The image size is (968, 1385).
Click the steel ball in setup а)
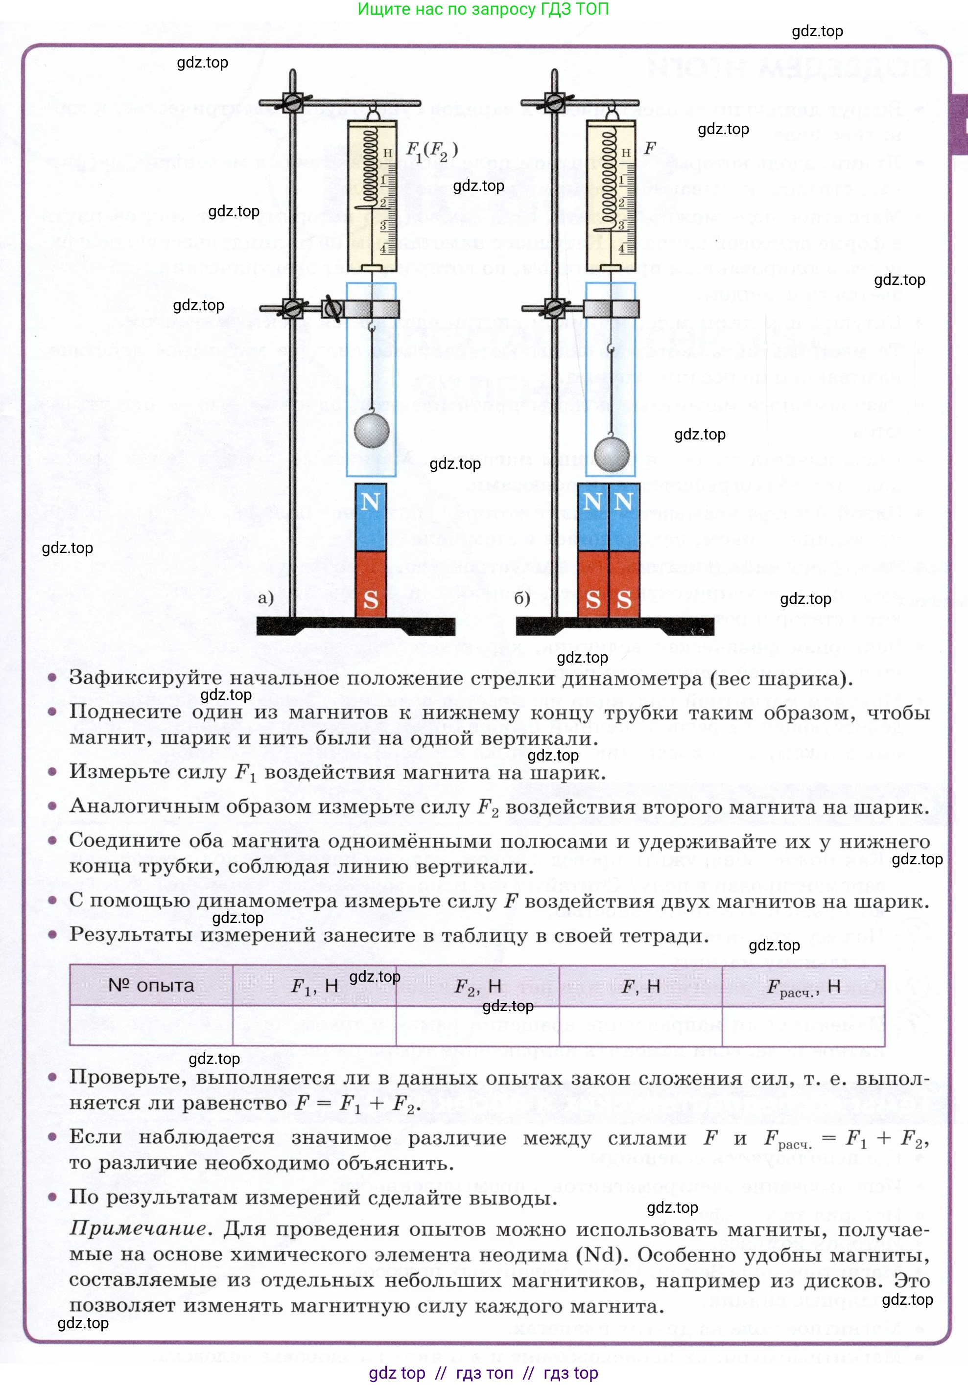point(372,430)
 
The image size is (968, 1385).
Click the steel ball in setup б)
point(612,454)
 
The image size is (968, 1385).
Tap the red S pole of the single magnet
point(371,584)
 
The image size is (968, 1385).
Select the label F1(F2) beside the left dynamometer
point(432,151)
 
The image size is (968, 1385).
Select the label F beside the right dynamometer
point(650,148)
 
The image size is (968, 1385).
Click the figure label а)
point(265,598)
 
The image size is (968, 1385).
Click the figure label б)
point(522,598)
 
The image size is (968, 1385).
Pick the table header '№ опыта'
point(151,985)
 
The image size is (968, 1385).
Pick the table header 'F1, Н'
point(314,986)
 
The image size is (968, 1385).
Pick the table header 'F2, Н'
point(478,986)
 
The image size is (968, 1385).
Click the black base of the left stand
point(356,626)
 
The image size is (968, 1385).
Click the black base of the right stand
point(615,626)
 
